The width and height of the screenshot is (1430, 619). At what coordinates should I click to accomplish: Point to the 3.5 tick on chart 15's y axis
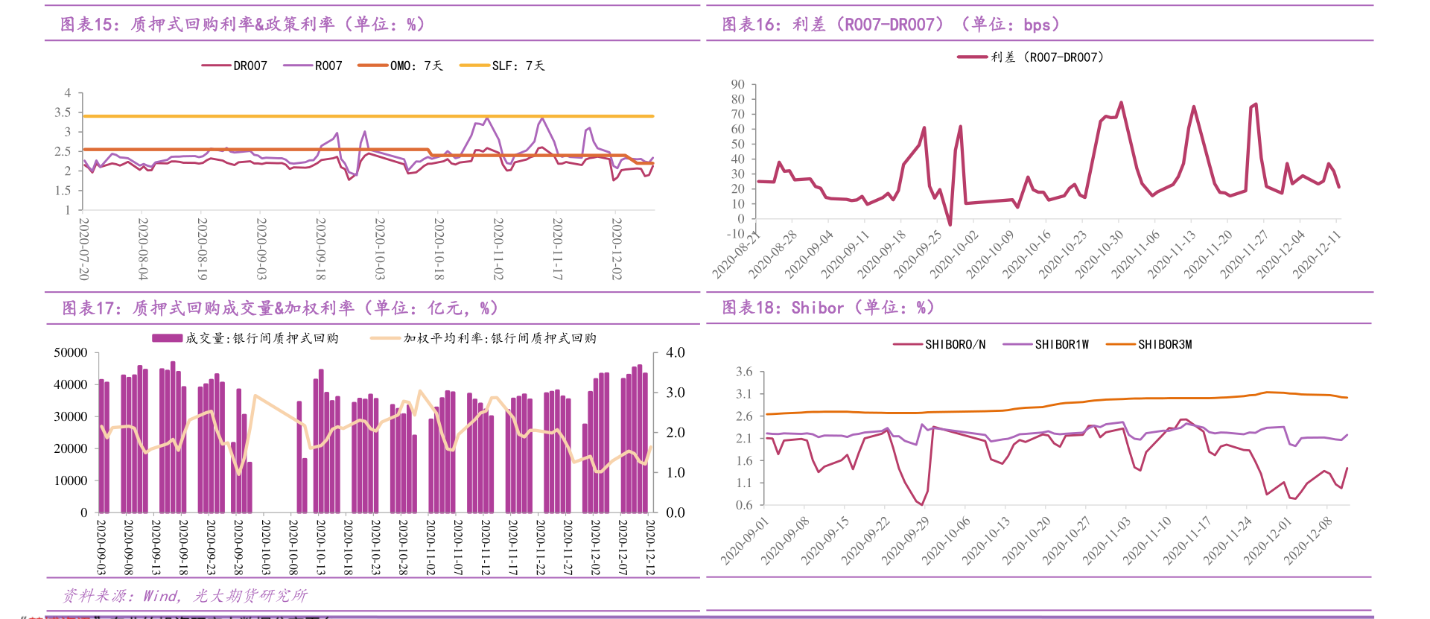tap(63, 112)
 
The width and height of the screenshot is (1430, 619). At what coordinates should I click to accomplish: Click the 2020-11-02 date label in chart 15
tap(498, 249)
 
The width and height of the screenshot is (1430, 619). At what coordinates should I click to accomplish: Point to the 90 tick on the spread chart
tap(737, 84)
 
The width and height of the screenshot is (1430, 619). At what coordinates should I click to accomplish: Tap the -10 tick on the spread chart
tap(735, 234)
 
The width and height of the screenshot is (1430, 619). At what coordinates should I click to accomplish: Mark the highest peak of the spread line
tap(1121, 103)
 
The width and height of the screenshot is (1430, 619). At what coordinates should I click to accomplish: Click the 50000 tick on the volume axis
tap(70, 352)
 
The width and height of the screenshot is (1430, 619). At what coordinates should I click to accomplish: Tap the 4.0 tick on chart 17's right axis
tap(675, 352)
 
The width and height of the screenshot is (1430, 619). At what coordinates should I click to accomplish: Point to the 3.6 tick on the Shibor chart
tap(744, 372)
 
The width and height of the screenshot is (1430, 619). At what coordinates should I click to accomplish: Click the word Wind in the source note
tap(160, 595)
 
